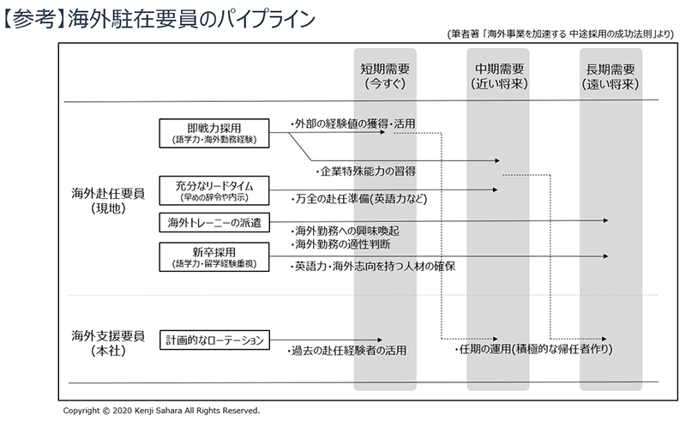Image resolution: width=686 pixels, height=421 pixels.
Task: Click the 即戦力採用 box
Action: click(x=214, y=133)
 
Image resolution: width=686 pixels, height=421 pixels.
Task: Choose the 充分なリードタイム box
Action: click(x=214, y=189)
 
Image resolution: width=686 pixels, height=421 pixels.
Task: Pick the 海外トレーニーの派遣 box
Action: click(x=214, y=223)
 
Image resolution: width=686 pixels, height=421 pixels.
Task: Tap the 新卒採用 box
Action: click(x=214, y=256)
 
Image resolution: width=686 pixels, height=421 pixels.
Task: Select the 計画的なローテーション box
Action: click(x=214, y=340)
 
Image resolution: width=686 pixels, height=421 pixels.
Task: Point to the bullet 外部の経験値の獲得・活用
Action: click(x=352, y=123)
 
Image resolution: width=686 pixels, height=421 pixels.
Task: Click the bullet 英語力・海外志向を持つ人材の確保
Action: click(x=372, y=266)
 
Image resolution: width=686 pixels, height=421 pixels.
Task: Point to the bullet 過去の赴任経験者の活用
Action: click(x=346, y=350)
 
